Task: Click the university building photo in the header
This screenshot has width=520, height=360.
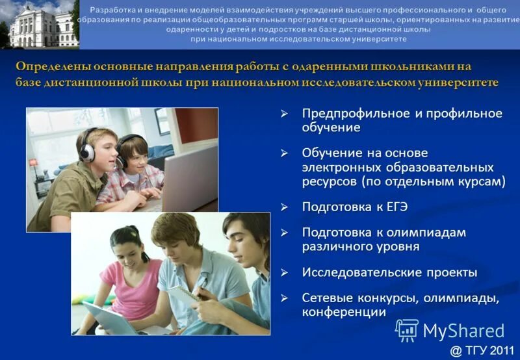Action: (x=39, y=24)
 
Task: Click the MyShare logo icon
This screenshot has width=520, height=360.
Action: (x=407, y=330)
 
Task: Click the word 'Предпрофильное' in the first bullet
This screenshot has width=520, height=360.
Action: (x=356, y=114)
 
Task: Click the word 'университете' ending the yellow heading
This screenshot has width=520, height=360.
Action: (x=450, y=83)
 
